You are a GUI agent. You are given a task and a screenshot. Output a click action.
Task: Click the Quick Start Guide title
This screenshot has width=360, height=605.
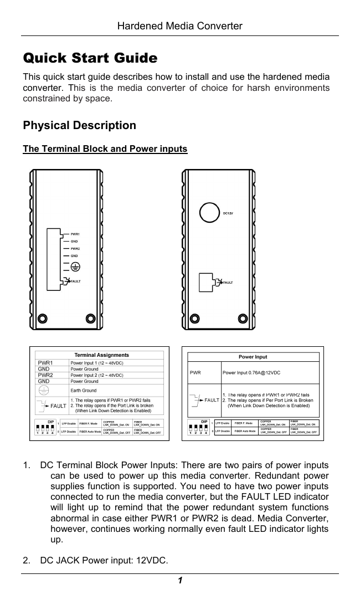click(90, 58)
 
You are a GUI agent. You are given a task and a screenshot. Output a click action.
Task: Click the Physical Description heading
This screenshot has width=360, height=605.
click(79, 125)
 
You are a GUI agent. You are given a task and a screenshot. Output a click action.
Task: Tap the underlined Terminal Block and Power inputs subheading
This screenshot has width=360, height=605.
click(105, 149)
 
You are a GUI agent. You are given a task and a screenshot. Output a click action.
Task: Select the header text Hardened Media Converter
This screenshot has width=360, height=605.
click(181, 26)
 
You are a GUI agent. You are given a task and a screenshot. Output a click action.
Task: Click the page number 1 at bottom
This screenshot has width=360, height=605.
click(181, 581)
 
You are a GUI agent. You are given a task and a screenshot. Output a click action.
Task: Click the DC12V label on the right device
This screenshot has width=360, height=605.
click(228, 213)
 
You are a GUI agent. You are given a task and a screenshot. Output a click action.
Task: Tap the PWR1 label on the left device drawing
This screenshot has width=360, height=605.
click(75, 234)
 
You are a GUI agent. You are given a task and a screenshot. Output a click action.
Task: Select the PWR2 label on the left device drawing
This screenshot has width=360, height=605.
click(75, 249)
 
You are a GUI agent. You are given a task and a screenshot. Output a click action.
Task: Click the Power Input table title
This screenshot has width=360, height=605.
click(253, 357)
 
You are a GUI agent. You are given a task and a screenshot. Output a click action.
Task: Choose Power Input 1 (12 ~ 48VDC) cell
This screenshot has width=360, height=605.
click(97, 363)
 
